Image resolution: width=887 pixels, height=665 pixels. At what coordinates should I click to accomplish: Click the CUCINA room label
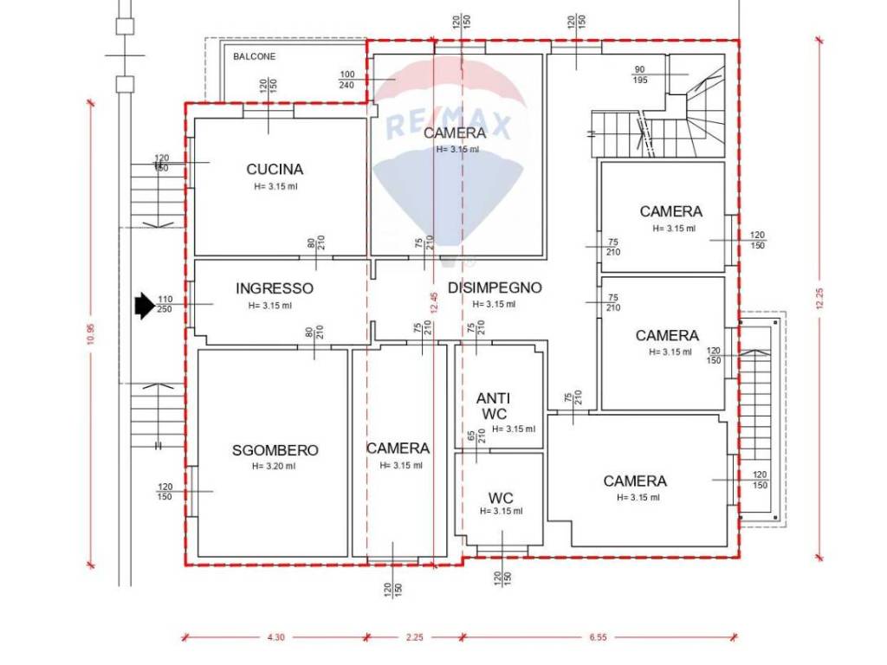[x=275, y=169]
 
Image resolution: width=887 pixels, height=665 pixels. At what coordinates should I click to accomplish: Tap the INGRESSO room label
[x=275, y=288]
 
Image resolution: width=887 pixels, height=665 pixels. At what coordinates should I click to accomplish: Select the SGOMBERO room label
[x=275, y=450]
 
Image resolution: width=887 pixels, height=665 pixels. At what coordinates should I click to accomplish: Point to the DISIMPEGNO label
[x=495, y=287]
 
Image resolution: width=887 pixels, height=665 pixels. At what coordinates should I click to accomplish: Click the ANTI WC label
[x=493, y=406]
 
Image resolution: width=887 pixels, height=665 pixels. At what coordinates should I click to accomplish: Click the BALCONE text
[x=255, y=56]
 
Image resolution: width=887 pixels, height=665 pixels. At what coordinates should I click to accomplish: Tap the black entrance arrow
[x=145, y=306]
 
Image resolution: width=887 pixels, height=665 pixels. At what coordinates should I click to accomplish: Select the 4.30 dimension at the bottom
[x=276, y=637]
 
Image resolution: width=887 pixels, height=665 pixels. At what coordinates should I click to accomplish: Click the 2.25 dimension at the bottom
[x=415, y=637]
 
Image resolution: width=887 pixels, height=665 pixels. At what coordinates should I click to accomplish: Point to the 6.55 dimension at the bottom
[x=598, y=637]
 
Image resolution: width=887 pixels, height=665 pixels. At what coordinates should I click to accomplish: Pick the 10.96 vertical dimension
[x=91, y=333]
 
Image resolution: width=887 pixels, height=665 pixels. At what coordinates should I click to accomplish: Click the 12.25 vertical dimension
[x=820, y=299]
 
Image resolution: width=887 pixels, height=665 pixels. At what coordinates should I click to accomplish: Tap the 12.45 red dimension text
[x=435, y=302]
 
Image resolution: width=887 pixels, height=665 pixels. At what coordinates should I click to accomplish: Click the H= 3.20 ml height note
[x=274, y=467]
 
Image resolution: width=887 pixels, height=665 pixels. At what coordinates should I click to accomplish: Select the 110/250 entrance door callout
[x=165, y=304]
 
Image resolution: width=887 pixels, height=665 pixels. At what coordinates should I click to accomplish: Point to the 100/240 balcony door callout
[x=346, y=80]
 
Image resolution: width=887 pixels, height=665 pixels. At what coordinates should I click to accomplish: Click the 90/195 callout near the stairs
[x=640, y=74]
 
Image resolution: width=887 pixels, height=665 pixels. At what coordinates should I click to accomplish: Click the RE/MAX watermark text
[x=448, y=125]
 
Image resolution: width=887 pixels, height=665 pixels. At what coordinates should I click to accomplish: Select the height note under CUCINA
[x=275, y=187]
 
